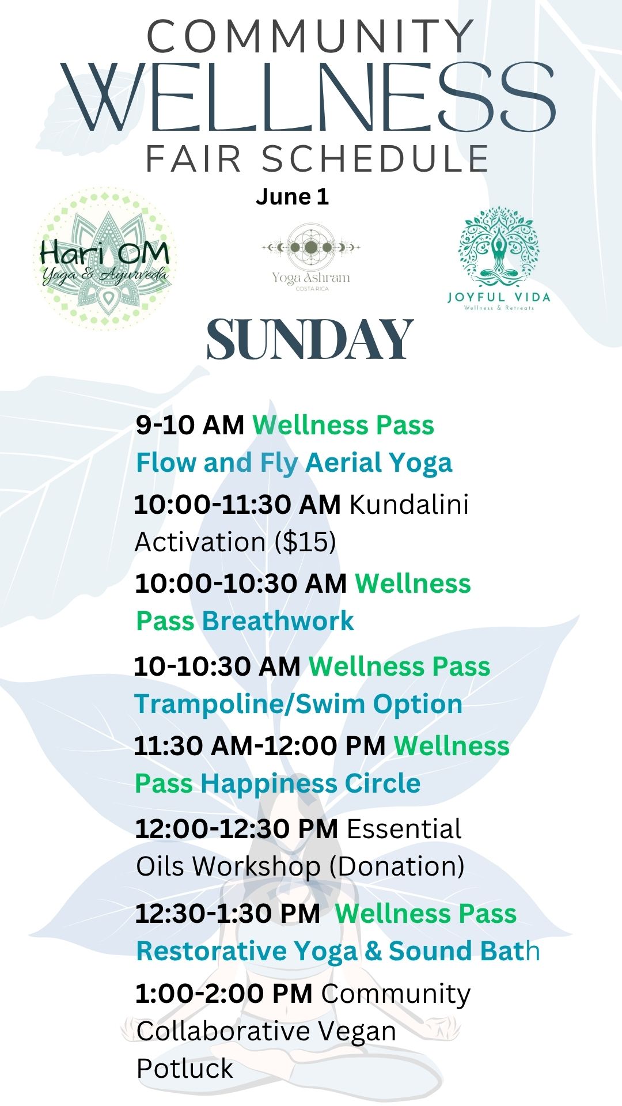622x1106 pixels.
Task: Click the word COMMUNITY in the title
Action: click(311, 36)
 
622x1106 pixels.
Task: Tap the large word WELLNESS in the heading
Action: click(309, 97)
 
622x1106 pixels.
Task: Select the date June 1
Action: click(292, 197)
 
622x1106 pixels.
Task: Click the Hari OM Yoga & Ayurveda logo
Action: click(104, 259)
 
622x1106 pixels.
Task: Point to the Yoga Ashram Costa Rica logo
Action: click(311, 257)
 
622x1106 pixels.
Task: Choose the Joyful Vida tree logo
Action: click(499, 258)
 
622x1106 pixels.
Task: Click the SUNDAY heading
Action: click(310, 340)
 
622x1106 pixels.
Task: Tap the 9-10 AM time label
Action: click(190, 425)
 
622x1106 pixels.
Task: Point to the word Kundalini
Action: click(409, 505)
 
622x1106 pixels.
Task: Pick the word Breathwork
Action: click(278, 621)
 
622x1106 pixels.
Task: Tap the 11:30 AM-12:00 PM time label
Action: click(260, 746)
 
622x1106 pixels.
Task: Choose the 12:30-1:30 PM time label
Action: click(227, 914)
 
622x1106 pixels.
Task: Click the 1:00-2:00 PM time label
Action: click(224, 994)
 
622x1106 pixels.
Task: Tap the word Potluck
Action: click(185, 1069)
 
